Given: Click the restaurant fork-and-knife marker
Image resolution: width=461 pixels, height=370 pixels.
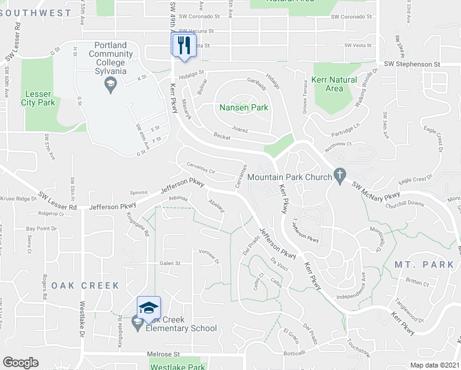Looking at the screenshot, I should pos(183,45).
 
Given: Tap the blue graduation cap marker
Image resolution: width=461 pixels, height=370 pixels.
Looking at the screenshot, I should pos(149,306).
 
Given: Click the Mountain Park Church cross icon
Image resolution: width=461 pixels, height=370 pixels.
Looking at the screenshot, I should pos(338,176).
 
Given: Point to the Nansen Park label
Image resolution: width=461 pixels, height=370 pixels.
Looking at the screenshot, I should pos(244,107).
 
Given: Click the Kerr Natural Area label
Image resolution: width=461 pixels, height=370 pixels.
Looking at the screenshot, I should pos(334,84).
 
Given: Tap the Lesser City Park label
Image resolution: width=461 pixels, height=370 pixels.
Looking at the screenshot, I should pos(38,99).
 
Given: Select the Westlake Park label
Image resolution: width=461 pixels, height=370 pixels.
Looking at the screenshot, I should pos(177,367).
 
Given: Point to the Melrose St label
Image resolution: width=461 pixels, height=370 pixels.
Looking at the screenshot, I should pos(163,355).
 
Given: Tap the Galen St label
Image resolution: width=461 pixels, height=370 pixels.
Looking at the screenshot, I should pos(169,263).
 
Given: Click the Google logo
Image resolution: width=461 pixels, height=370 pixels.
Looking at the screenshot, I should pos(20,362).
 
